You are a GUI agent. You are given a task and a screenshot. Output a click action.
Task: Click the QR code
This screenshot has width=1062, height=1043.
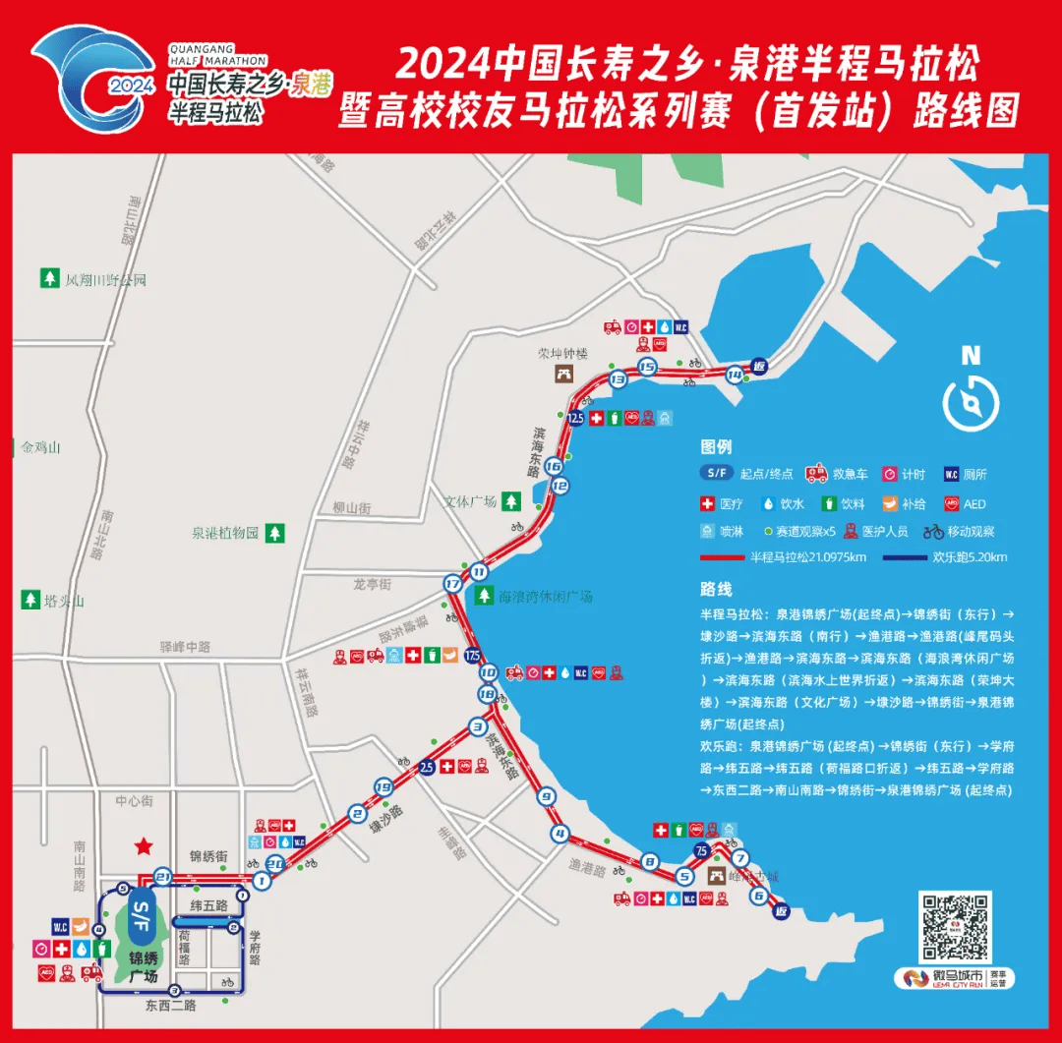pos(953,927)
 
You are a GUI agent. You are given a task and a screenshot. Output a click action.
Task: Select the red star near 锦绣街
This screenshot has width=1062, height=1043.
pos(144,845)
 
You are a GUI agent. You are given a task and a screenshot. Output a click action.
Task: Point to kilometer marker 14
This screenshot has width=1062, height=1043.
pos(735,375)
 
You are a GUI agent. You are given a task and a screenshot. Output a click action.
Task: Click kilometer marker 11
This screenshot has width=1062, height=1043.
pos(479,571)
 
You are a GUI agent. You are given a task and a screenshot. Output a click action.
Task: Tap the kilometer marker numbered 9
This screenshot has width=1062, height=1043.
pos(547,796)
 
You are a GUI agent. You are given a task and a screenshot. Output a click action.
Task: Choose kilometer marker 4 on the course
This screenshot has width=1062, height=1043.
pos(560,835)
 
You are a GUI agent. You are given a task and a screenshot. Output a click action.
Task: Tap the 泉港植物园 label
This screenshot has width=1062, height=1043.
pos(224,534)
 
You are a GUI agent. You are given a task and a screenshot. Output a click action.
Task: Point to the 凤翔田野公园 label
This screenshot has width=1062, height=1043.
pos(105,279)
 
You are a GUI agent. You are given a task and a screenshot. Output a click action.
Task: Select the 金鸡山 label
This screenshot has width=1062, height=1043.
pos(41,447)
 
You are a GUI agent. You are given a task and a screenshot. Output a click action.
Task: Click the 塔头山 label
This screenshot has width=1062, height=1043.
pos(65,601)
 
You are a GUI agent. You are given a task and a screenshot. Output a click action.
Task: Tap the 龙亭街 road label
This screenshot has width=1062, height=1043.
pos(372,584)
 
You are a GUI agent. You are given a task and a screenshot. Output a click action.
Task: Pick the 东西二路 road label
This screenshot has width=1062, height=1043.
pos(171,1006)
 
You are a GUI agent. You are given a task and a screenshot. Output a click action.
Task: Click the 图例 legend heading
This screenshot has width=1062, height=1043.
pos(716,447)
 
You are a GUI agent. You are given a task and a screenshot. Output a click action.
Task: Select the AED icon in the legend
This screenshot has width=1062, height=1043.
pos(951,503)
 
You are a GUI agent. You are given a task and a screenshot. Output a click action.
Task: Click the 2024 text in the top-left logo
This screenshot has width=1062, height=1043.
pos(131,85)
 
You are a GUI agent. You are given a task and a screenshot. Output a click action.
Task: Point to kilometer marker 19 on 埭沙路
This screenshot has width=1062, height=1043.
pos(383,786)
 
